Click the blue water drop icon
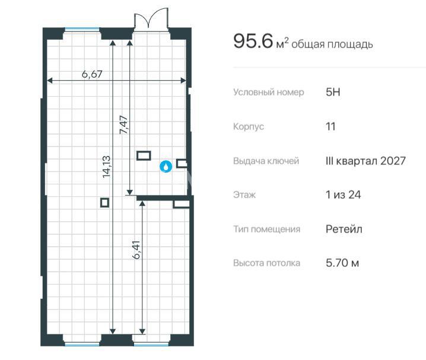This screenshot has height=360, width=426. [166, 167]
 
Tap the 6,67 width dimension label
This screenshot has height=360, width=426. [92, 74]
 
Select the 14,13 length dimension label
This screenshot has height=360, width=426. [106, 167]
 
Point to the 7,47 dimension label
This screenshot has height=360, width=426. [123, 125]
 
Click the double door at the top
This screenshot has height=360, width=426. [151, 18]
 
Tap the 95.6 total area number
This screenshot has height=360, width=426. [253, 42]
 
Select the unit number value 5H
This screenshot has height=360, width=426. [333, 92]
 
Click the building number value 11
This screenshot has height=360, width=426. [330, 126]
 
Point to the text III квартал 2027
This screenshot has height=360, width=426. [365, 161]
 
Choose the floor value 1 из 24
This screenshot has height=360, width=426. [343, 195]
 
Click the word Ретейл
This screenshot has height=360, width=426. [344, 229]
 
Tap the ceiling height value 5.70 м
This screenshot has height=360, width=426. [342, 263]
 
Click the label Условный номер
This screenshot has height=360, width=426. [268, 93]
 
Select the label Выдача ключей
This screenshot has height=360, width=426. [266, 161]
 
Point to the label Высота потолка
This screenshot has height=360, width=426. [266, 263]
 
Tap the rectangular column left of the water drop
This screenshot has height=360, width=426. [144, 155]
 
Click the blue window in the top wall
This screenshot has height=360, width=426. [82, 29]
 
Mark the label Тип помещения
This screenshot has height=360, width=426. [266, 229]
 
